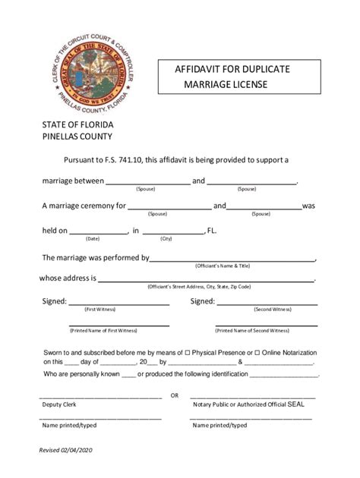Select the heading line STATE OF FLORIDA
(x=77, y=124)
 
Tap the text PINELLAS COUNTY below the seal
(x=77, y=137)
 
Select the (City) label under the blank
(x=166, y=238)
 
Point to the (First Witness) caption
(x=100, y=310)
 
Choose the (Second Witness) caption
(x=272, y=310)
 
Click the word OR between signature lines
(x=175, y=396)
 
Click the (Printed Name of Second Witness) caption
(x=252, y=331)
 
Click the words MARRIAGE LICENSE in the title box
(x=224, y=84)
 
